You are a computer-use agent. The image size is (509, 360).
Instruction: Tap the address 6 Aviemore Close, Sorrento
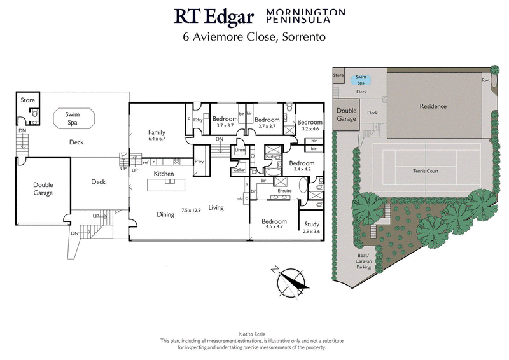click(x=254, y=36)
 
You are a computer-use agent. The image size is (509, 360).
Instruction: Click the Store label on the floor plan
click(x=27, y=100)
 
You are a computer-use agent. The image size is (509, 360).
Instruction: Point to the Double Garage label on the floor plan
click(x=43, y=188)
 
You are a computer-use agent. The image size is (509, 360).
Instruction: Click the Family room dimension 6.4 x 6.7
click(x=157, y=138)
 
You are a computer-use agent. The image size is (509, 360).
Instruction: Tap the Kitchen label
click(x=164, y=174)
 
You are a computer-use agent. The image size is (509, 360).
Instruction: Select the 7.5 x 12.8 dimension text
click(x=191, y=210)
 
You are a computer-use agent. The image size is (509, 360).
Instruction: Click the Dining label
click(x=165, y=215)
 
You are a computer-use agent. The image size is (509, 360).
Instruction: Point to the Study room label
click(x=311, y=224)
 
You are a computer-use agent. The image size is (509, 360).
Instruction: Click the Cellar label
click(x=239, y=170)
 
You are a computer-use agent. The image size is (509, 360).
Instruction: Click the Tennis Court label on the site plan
click(x=424, y=171)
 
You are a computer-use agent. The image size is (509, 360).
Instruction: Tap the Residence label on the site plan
click(x=433, y=106)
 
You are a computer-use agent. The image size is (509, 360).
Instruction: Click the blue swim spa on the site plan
click(x=361, y=80)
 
